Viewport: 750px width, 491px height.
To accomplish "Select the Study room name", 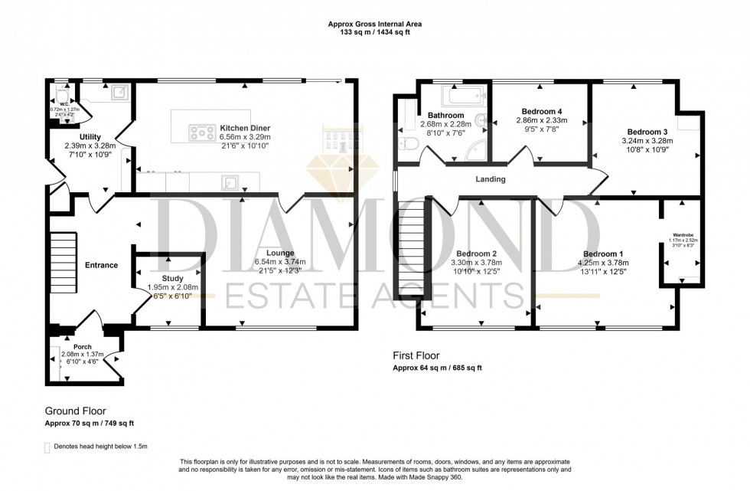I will (173, 278).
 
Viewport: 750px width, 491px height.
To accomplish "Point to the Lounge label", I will (280, 252).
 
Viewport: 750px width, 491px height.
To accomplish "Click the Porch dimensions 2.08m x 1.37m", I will (83, 355).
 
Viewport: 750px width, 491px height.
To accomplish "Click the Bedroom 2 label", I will (477, 254).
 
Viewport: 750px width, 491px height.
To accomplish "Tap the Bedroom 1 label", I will (603, 254).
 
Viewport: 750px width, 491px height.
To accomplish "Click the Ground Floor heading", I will (75, 411).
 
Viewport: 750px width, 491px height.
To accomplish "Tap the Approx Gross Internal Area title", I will (375, 25).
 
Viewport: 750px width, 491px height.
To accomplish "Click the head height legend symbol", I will (47, 446).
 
